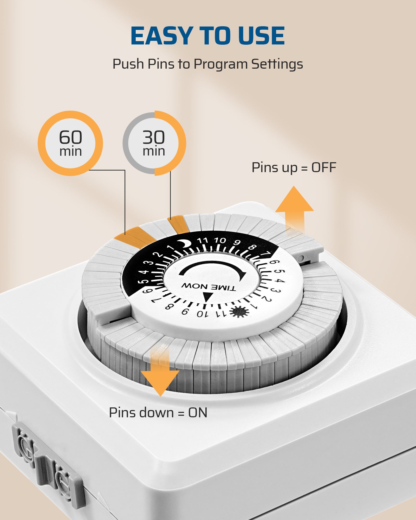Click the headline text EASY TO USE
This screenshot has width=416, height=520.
[x=208, y=36]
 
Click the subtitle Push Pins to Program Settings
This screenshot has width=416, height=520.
[x=208, y=64]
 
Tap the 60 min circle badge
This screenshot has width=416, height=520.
[x=70, y=143]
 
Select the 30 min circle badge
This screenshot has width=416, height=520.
[x=154, y=143]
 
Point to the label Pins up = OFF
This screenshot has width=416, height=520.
[x=294, y=167]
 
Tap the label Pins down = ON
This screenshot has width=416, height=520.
[x=158, y=413]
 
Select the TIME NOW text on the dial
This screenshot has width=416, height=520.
[x=209, y=287]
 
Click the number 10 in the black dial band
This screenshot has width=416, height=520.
[x=220, y=240]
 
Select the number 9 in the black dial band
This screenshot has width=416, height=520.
[x=237, y=243]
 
